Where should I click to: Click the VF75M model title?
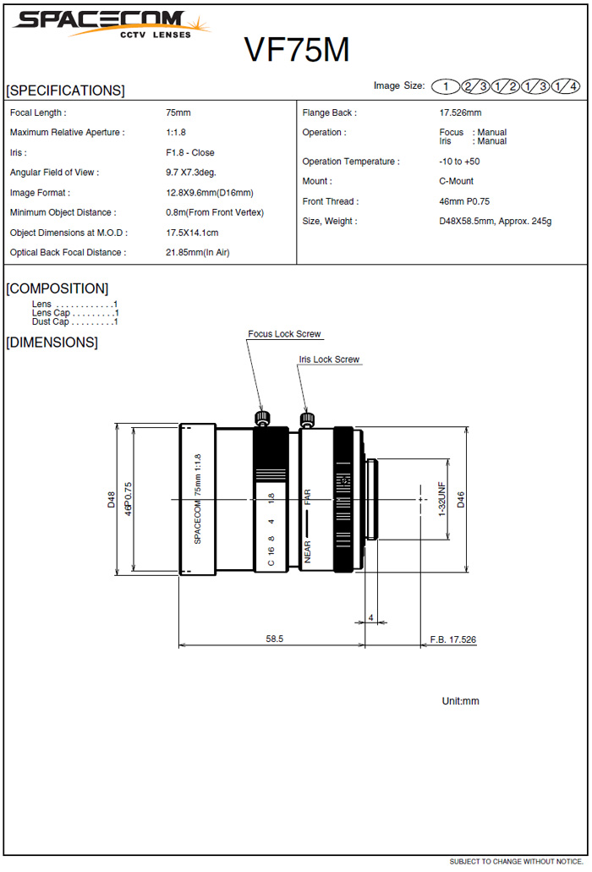(297, 51)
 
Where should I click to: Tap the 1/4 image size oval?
(565, 86)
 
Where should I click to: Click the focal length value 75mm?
(178, 112)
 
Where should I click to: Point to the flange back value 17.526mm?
(460, 112)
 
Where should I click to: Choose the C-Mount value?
(456, 181)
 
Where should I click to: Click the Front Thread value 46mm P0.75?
(464, 201)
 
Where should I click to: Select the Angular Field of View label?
(54, 173)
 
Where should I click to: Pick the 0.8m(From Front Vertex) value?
(215, 212)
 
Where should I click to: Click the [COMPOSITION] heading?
(58, 288)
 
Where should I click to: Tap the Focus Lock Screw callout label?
(284, 334)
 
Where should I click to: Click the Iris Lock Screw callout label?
(329, 359)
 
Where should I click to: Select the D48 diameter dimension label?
(111, 499)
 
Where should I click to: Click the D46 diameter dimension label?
(461, 500)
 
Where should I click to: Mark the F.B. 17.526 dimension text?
(453, 639)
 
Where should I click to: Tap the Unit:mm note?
(460, 701)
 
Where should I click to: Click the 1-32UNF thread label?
(441, 499)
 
